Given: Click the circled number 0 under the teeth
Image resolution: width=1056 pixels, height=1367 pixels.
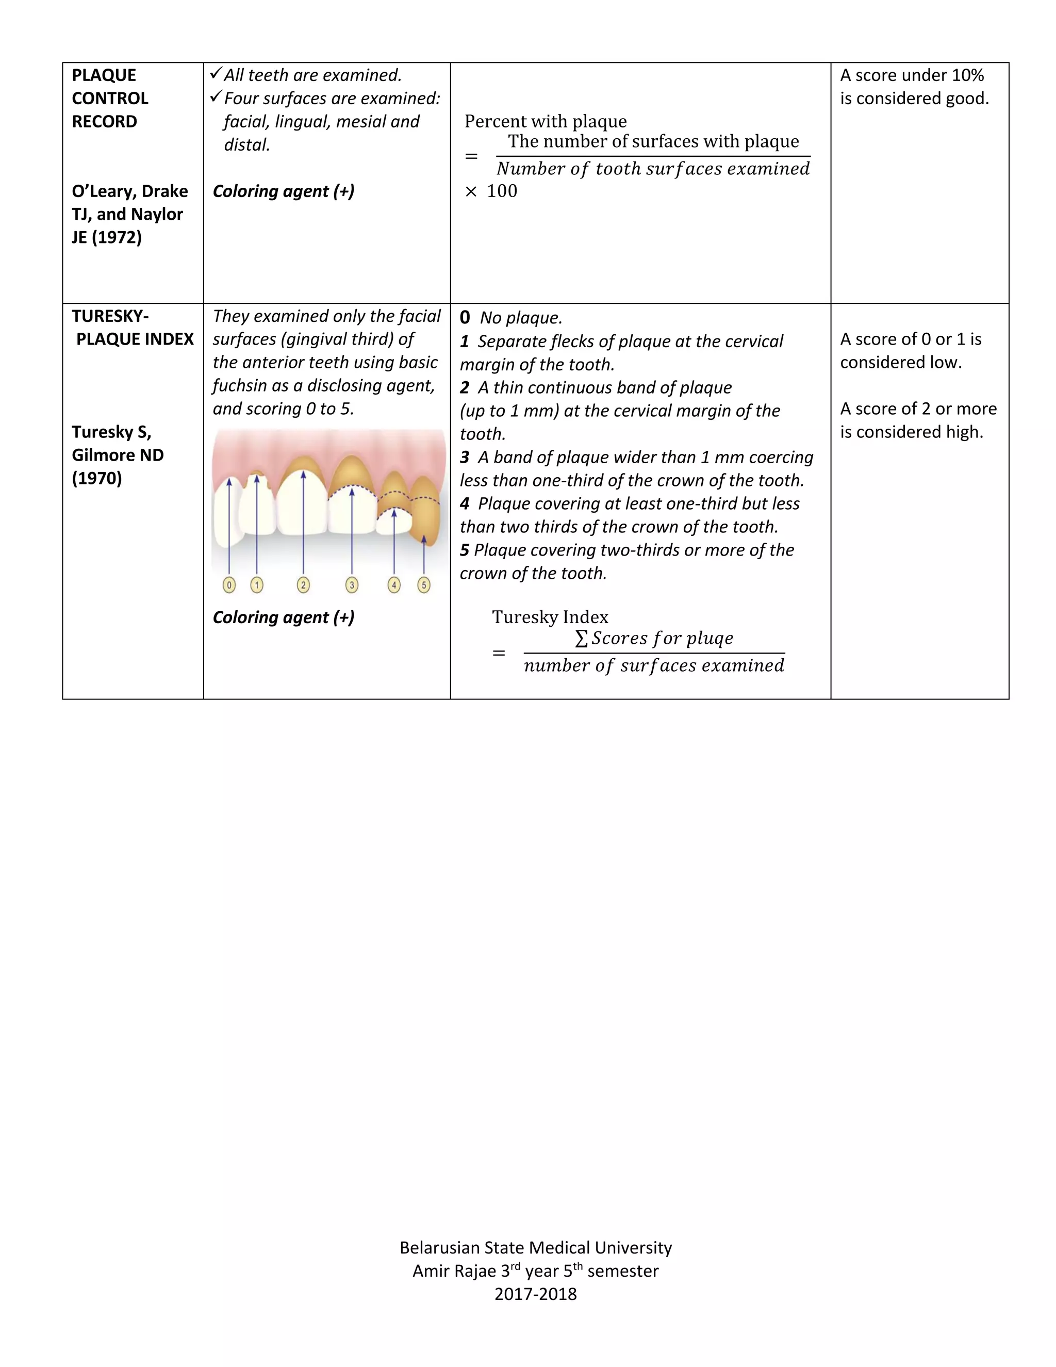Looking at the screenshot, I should click(229, 585).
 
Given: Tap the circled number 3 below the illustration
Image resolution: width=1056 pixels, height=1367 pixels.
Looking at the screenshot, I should click(352, 585).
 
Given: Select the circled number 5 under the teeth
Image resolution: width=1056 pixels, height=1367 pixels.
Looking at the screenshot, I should click(424, 585).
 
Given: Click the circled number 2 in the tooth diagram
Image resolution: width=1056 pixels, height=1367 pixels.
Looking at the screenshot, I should click(303, 585).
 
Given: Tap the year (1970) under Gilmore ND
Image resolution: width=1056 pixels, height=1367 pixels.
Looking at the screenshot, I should click(97, 478).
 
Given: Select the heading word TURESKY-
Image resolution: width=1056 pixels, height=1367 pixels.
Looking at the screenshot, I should click(110, 316).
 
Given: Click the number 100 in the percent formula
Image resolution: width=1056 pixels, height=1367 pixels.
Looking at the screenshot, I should click(502, 191).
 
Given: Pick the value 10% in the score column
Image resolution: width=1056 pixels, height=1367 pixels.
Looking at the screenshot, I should click(967, 76).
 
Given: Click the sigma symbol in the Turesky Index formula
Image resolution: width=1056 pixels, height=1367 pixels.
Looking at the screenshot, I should click(581, 639).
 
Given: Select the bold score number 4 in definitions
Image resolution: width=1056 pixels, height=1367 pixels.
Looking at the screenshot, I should click(465, 504).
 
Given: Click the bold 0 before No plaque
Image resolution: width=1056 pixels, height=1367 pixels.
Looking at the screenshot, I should click(465, 317).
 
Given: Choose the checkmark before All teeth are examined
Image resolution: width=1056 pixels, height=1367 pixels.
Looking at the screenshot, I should click(216, 74).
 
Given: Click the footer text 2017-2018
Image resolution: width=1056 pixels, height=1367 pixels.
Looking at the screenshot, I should click(536, 1294).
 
